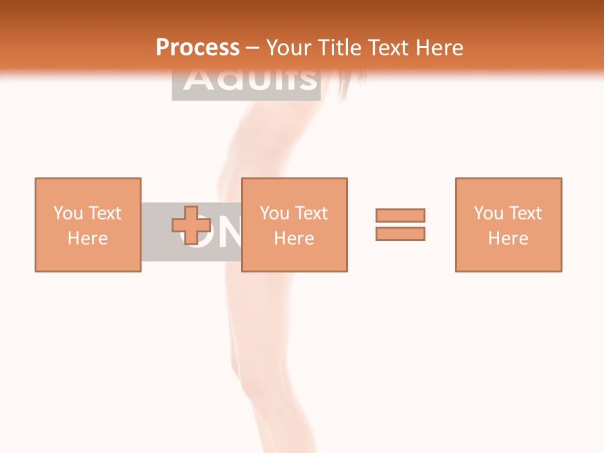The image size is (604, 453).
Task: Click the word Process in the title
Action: point(198,47)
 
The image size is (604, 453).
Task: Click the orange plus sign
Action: point(191,225)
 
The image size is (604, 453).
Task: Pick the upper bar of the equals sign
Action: point(400,215)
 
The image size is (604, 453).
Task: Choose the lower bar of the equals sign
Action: point(400,233)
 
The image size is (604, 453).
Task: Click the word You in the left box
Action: point(68,213)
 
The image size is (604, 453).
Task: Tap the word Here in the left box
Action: point(87,238)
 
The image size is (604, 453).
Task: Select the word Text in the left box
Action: point(104,213)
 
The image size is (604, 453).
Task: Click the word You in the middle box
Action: point(274,213)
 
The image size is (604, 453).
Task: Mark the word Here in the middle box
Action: point(294,238)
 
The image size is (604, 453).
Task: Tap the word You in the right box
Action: point(488,213)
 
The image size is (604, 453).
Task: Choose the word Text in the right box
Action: point(524,213)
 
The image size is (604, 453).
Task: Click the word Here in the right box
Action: point(508,238)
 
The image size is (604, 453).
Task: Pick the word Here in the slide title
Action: point(440,47)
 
